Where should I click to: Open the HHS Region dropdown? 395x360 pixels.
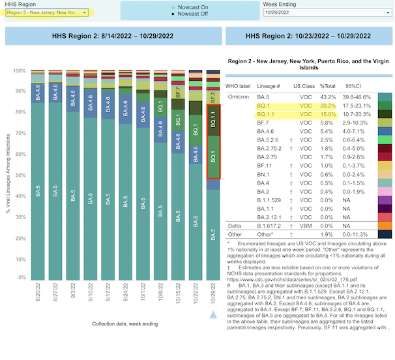point(47,12)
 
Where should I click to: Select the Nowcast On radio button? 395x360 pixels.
point(173,8)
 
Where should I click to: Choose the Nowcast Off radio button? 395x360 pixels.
point(173,14)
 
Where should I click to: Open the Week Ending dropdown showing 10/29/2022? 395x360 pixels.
point(327,12)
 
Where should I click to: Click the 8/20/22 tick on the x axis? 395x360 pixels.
point(38,292)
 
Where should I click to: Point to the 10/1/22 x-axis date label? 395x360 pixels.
point(143,292)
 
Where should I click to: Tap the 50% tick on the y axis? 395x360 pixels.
point(21,175)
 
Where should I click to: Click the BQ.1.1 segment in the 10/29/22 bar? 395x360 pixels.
point(213,120)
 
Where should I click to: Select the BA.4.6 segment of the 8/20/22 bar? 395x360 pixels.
point(38,93)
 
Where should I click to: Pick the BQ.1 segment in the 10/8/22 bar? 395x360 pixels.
point(160,107)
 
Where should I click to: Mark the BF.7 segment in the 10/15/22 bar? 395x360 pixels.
point(178,93)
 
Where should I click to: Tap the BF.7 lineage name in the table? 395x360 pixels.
point(263,123)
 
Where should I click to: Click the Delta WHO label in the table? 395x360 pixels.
point(234,226)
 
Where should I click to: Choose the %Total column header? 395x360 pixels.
point(327,86)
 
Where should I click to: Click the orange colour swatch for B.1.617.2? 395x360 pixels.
point(385,226)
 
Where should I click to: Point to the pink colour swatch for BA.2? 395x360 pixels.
point(385,192)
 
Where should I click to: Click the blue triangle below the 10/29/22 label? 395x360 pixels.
point(213,315)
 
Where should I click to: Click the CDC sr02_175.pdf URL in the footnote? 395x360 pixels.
point(292,280)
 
